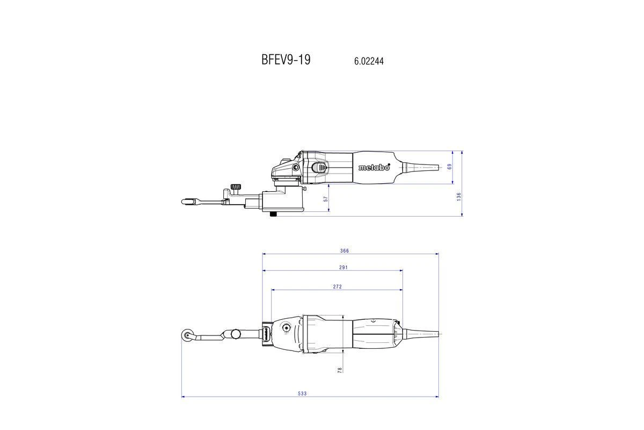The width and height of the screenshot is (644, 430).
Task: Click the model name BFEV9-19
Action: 286,60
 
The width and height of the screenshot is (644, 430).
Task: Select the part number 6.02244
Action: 369,61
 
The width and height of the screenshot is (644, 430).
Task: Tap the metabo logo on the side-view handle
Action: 374,167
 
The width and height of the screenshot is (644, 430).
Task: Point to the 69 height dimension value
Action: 450,167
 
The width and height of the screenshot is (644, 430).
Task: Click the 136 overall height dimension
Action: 459,197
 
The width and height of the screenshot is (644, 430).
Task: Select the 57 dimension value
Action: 326,199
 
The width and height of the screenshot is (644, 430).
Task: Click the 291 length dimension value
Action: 343,268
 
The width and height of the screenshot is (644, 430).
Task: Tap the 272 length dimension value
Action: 337,287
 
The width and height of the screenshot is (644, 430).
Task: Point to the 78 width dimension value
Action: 340,369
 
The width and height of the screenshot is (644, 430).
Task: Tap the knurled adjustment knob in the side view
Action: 235,187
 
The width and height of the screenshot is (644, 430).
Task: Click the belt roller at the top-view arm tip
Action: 187,335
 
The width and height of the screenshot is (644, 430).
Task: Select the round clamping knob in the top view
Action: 236,334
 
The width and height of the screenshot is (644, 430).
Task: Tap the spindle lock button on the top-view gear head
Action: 286,327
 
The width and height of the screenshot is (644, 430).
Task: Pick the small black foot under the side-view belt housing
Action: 273,213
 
